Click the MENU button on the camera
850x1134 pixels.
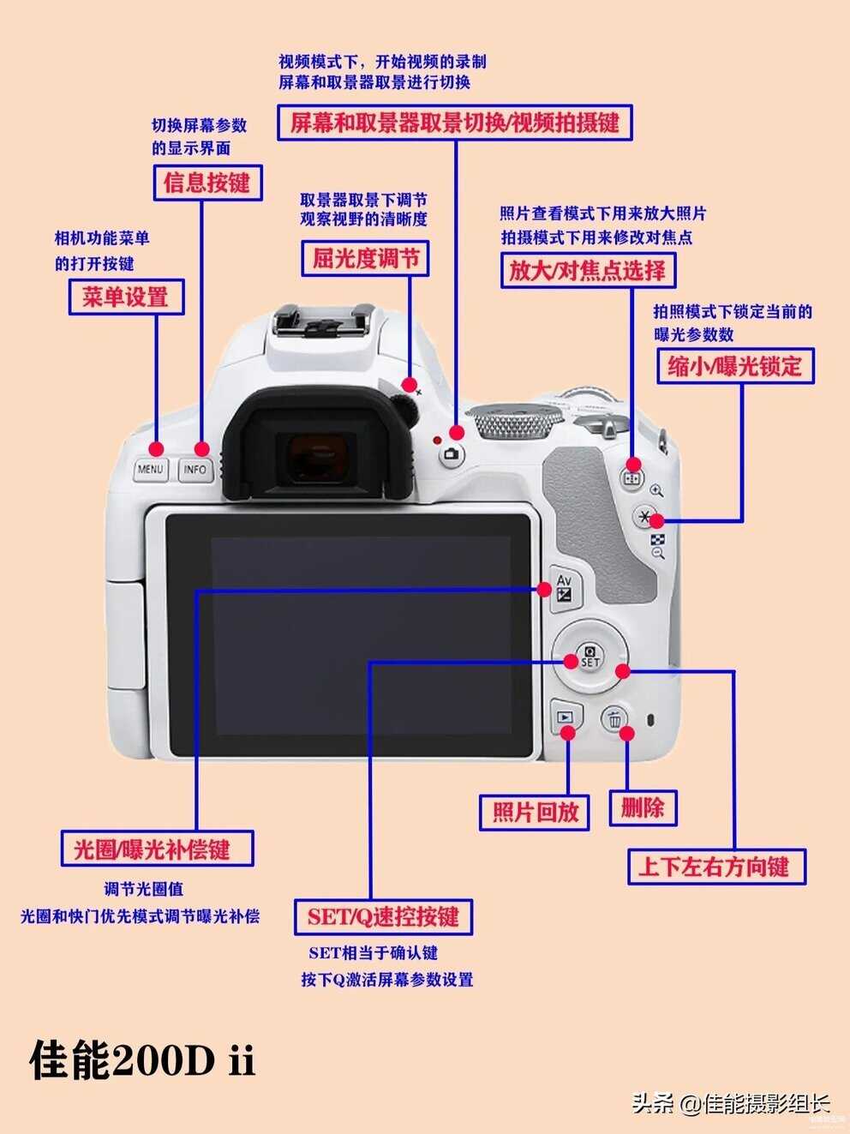(150, 470)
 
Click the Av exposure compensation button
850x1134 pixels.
(566, 589)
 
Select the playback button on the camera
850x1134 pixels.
(566, 717)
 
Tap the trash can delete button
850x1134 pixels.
(614, 718)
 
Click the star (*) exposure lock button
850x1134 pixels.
(645, 516)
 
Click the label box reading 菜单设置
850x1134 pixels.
(127, 297)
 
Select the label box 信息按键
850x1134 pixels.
(207, 183)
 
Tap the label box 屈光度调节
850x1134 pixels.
(365, 258)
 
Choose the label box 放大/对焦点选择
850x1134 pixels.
(588, 270)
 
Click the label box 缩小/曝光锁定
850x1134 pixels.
(735, 366)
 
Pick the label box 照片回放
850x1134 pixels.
(535, 813)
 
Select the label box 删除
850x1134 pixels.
(643, 807)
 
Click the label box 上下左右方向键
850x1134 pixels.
(717, 867)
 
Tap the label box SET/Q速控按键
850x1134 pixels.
(383, 917)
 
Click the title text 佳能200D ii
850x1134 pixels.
(142, 1060)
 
